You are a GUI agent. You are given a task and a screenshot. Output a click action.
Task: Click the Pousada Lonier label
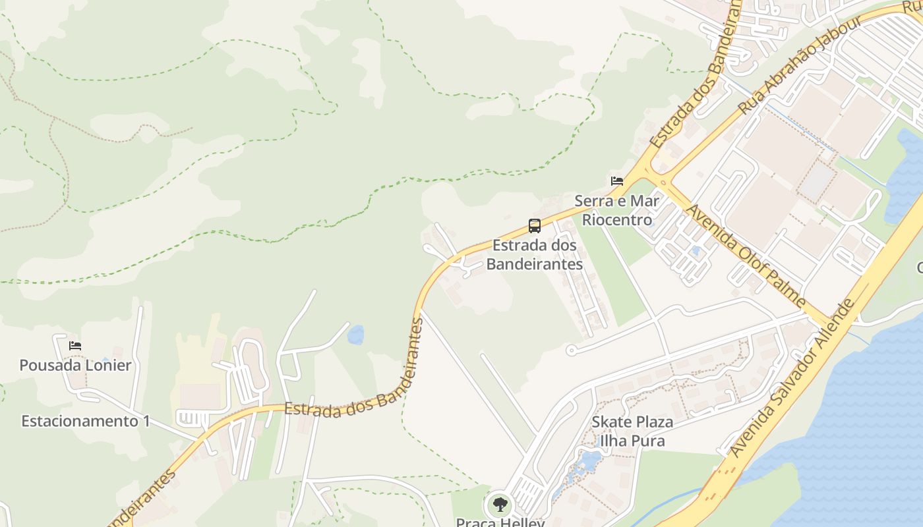75,365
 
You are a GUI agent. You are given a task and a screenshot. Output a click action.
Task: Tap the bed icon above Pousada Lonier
75,345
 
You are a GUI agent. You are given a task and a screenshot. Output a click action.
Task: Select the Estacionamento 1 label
86,421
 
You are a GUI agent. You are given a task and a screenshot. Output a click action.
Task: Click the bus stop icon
535,226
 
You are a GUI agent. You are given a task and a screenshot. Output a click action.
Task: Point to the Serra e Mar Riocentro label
616,210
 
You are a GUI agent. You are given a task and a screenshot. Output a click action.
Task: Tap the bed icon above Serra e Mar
617,180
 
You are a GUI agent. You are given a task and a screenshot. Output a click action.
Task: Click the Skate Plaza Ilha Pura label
632,431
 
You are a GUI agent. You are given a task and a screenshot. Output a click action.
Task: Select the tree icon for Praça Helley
500,505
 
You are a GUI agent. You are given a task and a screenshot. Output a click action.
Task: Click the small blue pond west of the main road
355,335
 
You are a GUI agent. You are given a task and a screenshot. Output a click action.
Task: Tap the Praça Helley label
500,522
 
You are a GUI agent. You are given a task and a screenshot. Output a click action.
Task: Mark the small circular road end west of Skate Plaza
572,350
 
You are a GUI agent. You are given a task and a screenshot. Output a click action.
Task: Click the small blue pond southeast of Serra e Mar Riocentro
696,250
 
